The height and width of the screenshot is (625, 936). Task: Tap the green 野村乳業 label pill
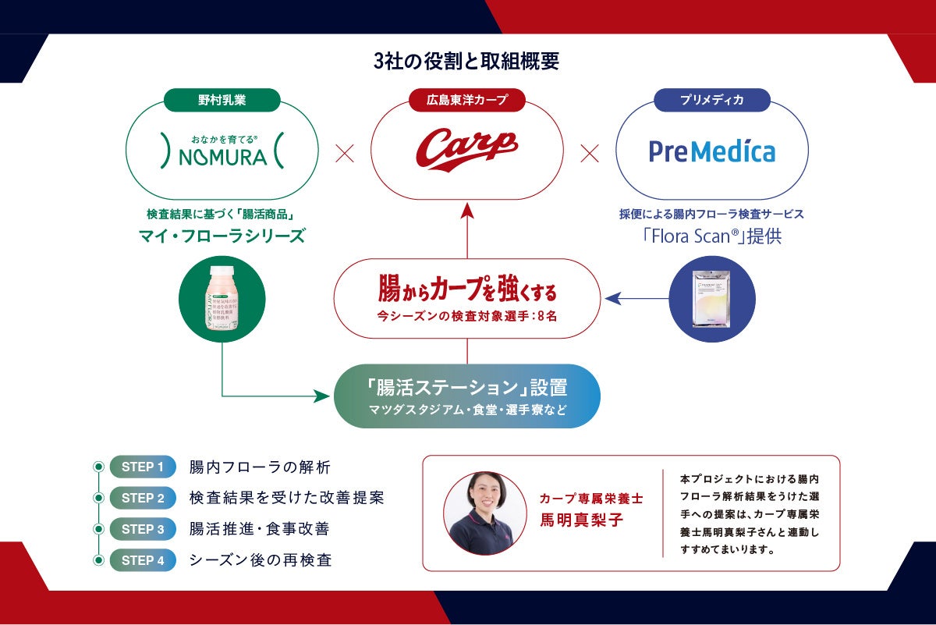point(222,99)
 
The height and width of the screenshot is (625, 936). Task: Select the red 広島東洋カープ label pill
point(467,99)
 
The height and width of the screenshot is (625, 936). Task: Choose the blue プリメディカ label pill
point(711,99)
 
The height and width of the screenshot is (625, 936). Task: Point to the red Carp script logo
point(467,147)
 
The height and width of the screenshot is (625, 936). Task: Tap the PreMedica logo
point(711,151)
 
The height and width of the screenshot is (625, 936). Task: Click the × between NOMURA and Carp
point(344,153)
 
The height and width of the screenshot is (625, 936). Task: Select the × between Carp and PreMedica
point(590,153)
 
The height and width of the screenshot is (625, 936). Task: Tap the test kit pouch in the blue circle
point(712,298)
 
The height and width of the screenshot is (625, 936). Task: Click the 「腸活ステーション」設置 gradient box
point(467,396)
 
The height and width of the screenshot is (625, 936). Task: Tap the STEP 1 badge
point(143,467)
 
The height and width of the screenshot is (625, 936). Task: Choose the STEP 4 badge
point(143,560)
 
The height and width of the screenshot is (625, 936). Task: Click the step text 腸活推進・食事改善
point(259,529)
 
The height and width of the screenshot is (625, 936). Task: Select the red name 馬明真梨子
point(582,520)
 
